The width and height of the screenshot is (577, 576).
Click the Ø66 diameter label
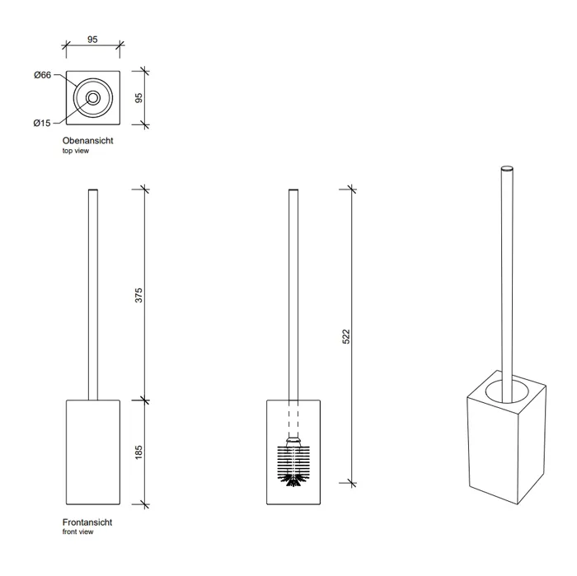(43, 75)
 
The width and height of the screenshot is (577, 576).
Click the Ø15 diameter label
(43, 123)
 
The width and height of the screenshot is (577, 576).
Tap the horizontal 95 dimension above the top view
(93, 38)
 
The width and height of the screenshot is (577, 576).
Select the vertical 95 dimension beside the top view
(139, 97)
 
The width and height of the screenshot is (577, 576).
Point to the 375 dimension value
(139, 295)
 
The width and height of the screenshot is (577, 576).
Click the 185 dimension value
(139, 452)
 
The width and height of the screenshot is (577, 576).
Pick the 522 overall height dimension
(346, 336)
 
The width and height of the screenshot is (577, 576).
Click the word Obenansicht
(87, 142)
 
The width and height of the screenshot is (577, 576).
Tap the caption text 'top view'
(76, 152)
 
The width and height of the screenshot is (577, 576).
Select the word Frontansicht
(87, 523)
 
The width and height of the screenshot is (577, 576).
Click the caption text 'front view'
(77, 533)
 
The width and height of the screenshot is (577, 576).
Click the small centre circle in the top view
(92, 98)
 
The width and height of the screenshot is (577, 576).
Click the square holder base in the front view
(93, 452)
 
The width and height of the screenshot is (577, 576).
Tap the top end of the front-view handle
(93, 191)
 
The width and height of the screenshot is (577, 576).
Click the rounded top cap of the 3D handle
(506, 168)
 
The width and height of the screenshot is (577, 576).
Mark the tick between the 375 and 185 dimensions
(145, 400)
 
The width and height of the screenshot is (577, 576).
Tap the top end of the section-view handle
(293, 191)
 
